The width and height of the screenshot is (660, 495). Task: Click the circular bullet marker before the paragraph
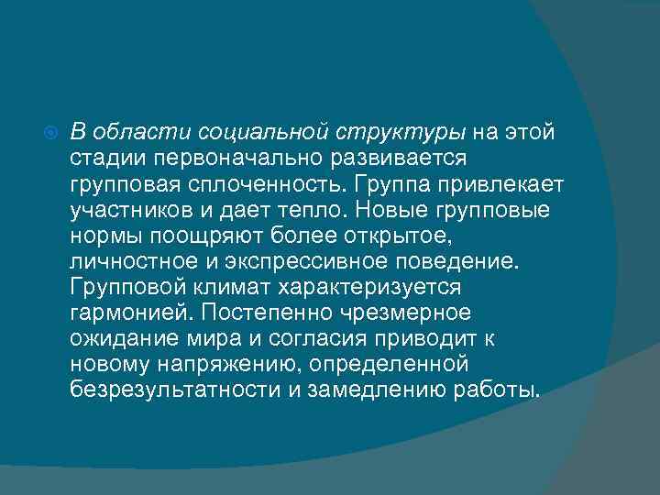[x=50, y=133]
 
